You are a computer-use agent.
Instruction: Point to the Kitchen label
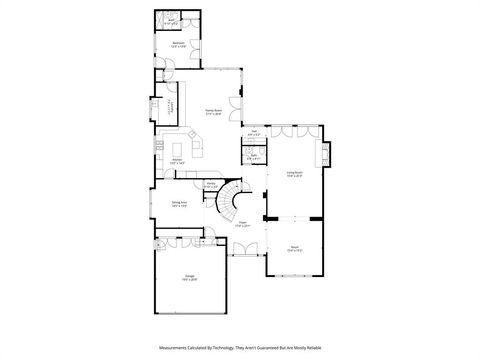175,160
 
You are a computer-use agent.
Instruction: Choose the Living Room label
295,173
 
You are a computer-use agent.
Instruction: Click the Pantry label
211,184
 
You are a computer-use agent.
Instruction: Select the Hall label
254,132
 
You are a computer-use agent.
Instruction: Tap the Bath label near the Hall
254,155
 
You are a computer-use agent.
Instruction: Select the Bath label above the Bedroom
172,20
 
